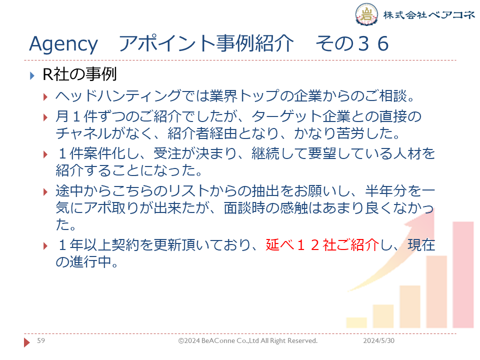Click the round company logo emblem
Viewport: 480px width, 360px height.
coord(366,14)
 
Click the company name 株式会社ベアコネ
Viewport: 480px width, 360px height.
coord(429,14)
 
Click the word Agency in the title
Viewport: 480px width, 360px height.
coord(63,44)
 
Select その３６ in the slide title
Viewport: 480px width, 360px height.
coord(352,43)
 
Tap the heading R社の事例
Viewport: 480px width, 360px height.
coord(79,74)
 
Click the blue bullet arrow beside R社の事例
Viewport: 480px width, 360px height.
coord(32,75)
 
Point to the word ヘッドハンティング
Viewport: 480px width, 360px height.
coord(118,96)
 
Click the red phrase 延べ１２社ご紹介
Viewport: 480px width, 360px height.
coord(322,245)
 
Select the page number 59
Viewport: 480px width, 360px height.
coord(41,340)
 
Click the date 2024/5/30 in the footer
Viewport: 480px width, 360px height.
coord(378,340)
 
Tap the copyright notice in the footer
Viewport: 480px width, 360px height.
coord(248,340)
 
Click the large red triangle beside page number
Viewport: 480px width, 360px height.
coord(27,342)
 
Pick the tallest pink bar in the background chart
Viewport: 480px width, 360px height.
coord(463,274)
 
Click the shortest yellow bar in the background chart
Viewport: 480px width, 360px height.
coord(356,322)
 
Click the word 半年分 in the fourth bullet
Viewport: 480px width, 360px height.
coord(386,191)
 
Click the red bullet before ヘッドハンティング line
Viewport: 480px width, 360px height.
coord(45,97)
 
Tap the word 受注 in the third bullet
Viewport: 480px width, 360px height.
coord(167,153)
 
